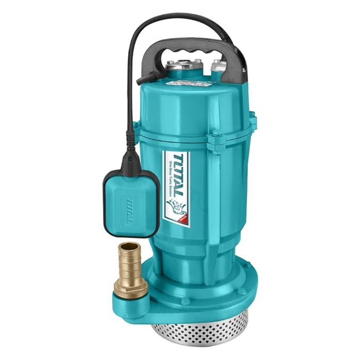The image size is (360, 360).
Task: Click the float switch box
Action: (x=131, y=203)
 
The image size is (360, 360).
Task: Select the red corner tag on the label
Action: (x=182, y=219)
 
